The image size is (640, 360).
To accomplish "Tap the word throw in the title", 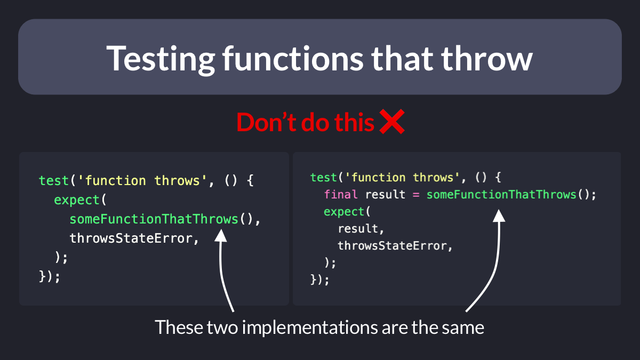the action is pyautogui.click(x=487, y=58).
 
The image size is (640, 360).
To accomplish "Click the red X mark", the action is pyautogui.click(x=392, y=122).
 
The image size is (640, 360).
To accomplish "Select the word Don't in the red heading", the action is pyautogui.click(x=266, y=122).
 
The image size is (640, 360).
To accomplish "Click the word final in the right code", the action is pyautogui.click(x=341, y=195).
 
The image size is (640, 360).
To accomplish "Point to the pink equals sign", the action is pyautogui.click(x=416, y=195).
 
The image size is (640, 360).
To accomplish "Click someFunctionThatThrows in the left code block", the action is pyautogui.click(x=154, y=219).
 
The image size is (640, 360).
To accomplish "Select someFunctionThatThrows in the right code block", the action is pyautogui.click(x=501, y=195).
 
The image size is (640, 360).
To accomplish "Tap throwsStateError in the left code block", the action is pyautogui.click(x=131, y=238).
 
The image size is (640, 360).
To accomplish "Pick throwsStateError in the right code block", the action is pyautogui.click(x=393, y=246).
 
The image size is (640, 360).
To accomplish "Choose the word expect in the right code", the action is pyautogui.click(x=343, y=212).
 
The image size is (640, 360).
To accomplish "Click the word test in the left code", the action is pyautogui.click(x=54, y=181).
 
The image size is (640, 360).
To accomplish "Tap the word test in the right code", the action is pyautogui.click(x=323, y=178).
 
